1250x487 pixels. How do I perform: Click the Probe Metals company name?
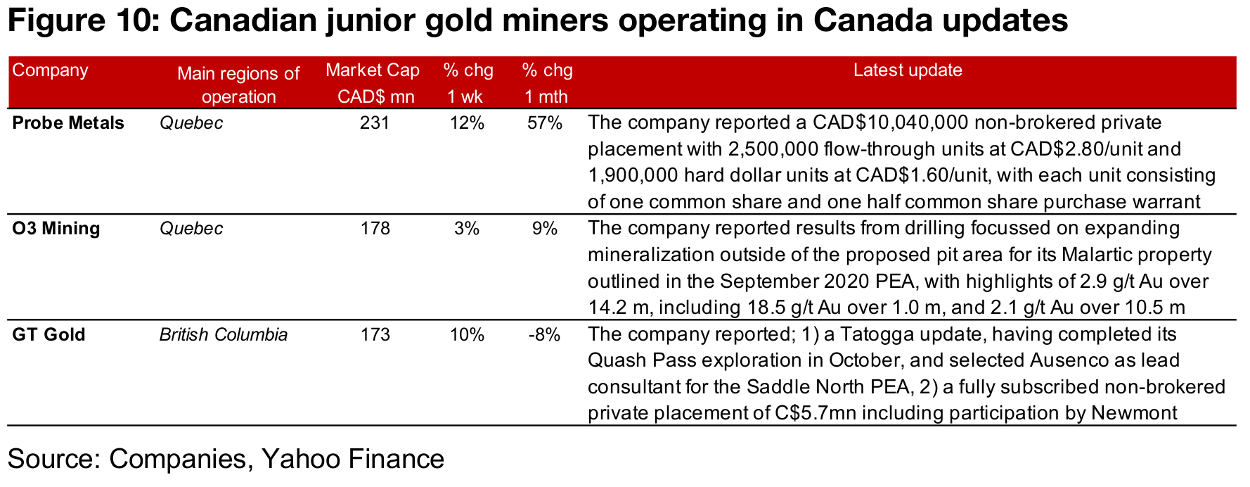click(x=68, y=123)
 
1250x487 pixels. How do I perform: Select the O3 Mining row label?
click(x=56, y=229)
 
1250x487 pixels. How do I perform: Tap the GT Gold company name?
click(x=49, y=334)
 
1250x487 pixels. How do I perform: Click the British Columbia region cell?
click(x=223, y=334)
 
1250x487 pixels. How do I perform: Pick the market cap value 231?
click(x=375, y=123)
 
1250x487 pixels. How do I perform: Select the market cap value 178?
click(x=375, y=229)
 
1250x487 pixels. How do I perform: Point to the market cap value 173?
click(x=375, y=334)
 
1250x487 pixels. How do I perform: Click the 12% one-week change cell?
click(x=467, y=123)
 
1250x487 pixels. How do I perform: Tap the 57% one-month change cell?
click(x=545, y=123)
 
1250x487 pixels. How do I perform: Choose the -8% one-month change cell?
click(x=545, y=334)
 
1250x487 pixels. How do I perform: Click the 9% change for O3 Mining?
click(x=545, y=229)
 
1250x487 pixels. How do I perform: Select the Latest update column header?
click(x=908, y=70)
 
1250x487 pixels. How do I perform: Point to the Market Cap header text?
click(x=373, y=70)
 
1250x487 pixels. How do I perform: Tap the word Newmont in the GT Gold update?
click(x=1134, y=413)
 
